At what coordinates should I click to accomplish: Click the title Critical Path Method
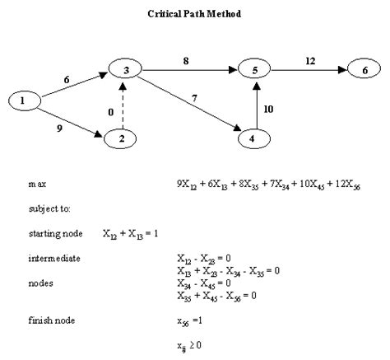(x=195, y=14)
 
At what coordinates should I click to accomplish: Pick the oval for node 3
(x=125, y=72)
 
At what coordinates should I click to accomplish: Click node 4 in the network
(x=256, y=138)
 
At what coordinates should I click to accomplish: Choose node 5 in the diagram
(x=256, y=71)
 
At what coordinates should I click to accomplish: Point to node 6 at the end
(x=365, y=71)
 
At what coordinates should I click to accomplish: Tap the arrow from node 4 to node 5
(x=256, y=105)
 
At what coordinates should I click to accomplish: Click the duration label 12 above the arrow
(x=309, y=59)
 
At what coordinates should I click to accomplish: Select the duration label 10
(x=268, y=109)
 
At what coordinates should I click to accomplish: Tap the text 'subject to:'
(x=46, y=208)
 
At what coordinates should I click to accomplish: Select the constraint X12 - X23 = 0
(x=202, y=259)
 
